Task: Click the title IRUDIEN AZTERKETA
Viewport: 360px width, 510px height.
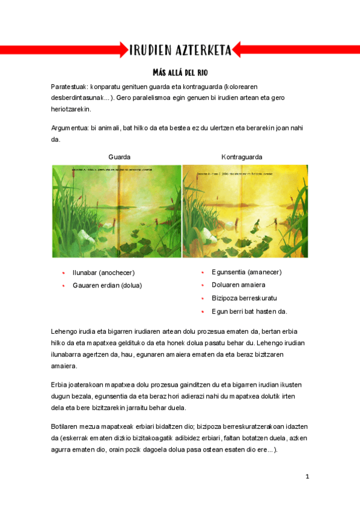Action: (180, 50)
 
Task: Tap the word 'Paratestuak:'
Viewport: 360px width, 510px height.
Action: (69, 87)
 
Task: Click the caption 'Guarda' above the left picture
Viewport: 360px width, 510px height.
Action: (119, 156)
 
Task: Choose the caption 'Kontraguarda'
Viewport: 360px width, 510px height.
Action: (242, 156)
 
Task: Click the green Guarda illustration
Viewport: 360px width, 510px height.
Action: (116, 211)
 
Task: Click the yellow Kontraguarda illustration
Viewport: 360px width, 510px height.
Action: (245, 211)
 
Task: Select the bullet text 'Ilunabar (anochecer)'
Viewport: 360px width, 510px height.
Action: (103, 272)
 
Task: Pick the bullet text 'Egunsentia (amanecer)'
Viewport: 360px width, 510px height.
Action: (246, 272)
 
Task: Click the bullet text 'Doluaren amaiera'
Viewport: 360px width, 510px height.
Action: (239, 285)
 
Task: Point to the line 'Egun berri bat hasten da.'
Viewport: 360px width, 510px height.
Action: (249, 311)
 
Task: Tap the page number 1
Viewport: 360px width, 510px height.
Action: (307, 477)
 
